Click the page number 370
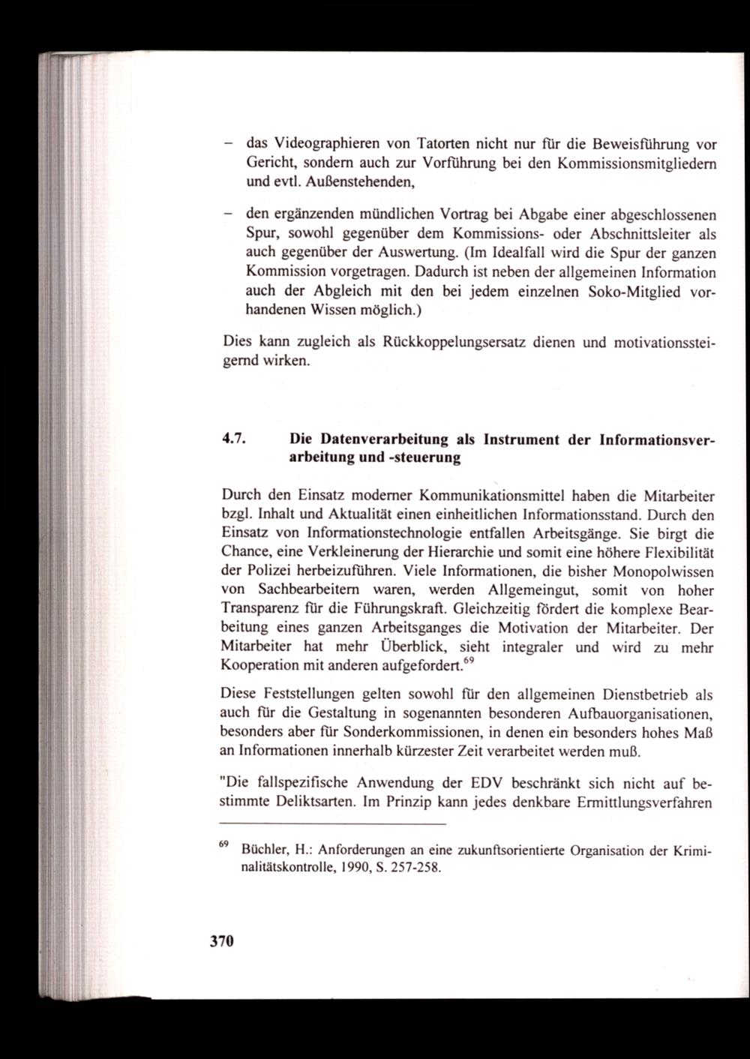point(222,941)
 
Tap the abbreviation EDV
point(470,783)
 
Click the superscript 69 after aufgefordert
point(469,660)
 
